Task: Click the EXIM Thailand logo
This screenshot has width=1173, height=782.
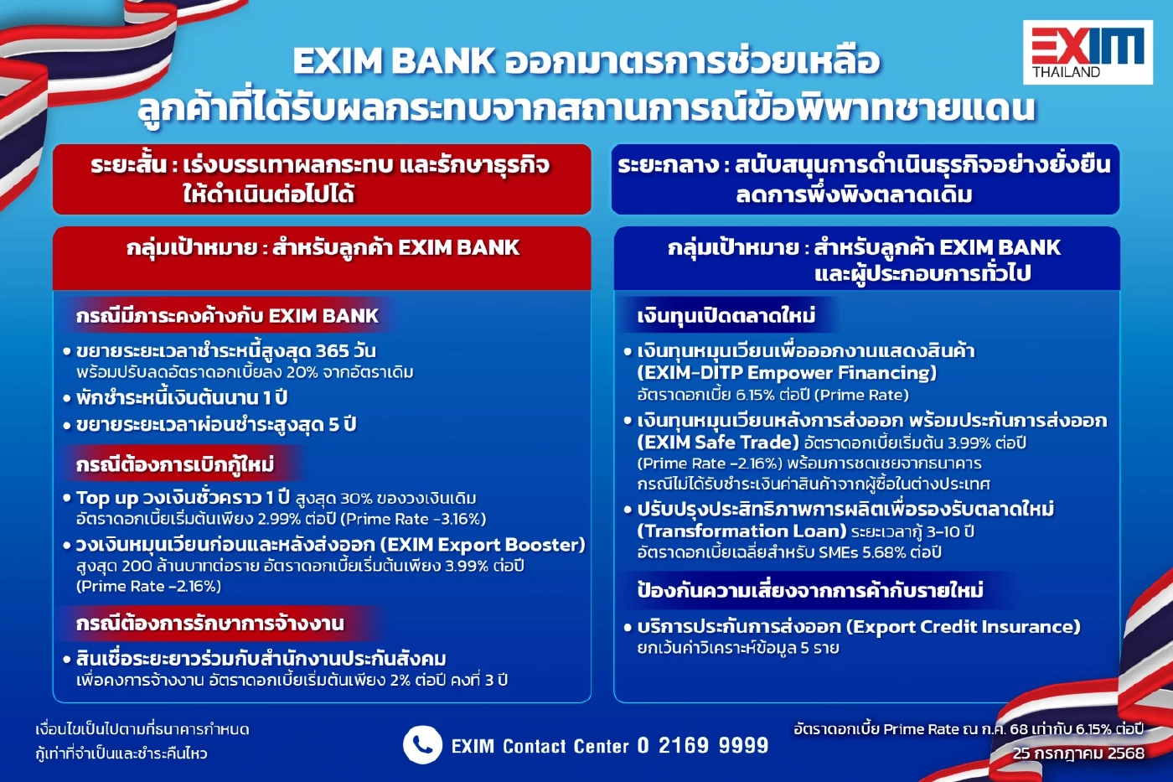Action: click(1087, 52)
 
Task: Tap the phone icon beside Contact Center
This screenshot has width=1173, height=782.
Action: click(422, 744)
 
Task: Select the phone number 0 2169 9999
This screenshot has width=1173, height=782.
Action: click(702, 745)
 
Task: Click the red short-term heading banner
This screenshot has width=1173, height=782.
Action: click(321, 179)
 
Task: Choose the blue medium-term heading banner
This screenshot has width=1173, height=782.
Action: click(864, 179)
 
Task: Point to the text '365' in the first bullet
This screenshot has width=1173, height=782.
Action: click(332, 350)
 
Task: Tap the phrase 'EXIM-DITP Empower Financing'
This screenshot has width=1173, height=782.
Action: click(787, 373)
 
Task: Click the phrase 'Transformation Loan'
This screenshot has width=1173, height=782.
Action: click(742, 531)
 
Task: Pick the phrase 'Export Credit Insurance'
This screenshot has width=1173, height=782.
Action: click(963, 627)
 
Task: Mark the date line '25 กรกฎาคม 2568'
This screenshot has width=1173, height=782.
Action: click(1077, 753)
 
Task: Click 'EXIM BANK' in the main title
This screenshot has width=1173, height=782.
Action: click(394, 61)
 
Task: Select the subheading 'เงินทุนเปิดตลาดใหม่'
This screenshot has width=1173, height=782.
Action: click(726, 315)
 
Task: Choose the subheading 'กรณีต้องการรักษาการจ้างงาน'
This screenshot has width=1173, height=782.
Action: click(209, 624)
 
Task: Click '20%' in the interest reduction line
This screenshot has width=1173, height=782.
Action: click(302, 372)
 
